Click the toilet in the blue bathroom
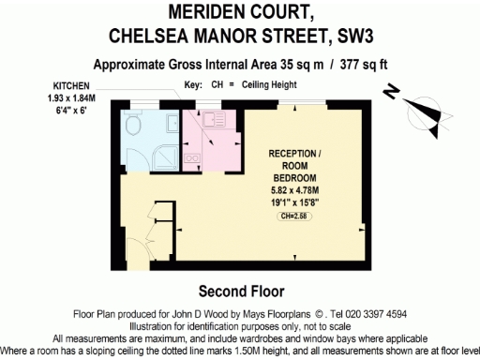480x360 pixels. click(x=133, y=126)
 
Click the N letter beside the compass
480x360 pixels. click(x=391, y=92)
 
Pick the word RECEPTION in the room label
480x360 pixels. click(x=291, y=153)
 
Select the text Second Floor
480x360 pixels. click(x=239, y=290)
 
